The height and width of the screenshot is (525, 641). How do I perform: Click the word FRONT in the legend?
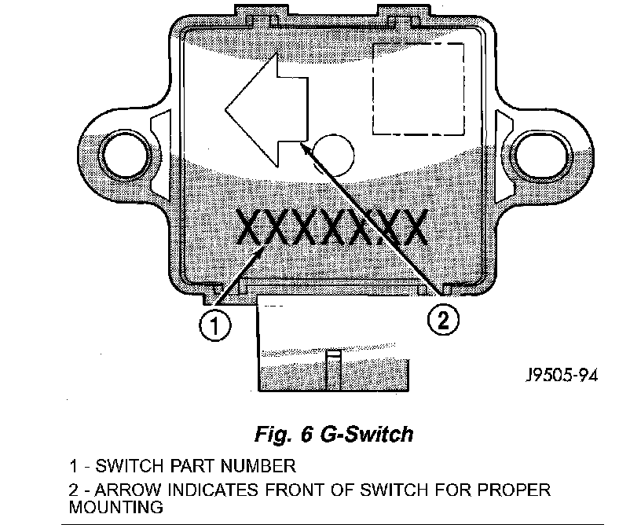(288, 490)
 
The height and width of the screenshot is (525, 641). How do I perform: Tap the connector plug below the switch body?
(334, 346)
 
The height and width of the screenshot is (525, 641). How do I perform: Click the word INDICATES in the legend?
(210, 490)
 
